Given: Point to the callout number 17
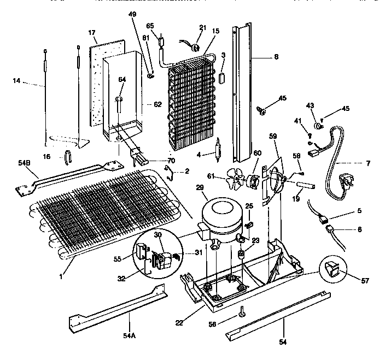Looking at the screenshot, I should coord(92,33).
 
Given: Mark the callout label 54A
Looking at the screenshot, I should coord(129,335).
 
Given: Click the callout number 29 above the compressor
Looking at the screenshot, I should coord(215,187).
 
